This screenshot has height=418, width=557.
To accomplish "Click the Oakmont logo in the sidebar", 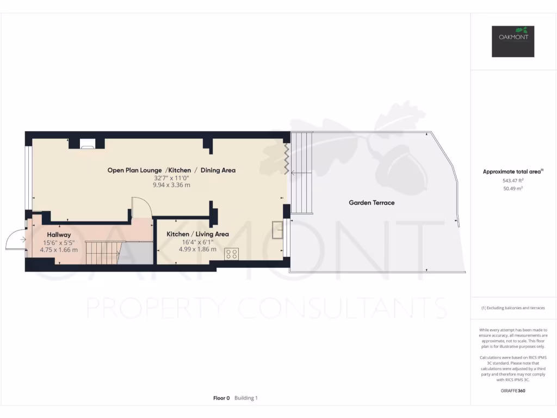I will [x=513, y=41].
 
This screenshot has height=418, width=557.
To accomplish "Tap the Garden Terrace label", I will [x=372, y=202].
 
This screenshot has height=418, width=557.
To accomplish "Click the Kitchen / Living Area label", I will [x=197, y=234].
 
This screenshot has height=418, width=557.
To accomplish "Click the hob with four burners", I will [x=231, y=254].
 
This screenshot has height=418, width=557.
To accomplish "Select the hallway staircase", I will [x=101, y=253].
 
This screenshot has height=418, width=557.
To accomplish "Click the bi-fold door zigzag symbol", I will [x=285, y=157].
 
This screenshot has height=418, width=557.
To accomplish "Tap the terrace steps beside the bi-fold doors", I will [x=302, y=173].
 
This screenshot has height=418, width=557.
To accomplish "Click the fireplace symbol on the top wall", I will [x=87, y=144].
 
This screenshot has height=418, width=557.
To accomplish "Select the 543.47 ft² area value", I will [x=513, y=180].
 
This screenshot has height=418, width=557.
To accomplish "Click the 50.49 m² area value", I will [x=513, y=188].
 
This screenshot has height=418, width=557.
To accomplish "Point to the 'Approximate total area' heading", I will [x=512, y=172].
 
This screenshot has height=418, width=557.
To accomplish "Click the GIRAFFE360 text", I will [x=513, y=391].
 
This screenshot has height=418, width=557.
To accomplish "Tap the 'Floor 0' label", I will [x=221, y=398].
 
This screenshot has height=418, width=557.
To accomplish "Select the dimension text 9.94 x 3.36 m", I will [x=171, y=185].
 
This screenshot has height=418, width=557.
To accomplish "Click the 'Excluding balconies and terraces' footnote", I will [x=513, y=308].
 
